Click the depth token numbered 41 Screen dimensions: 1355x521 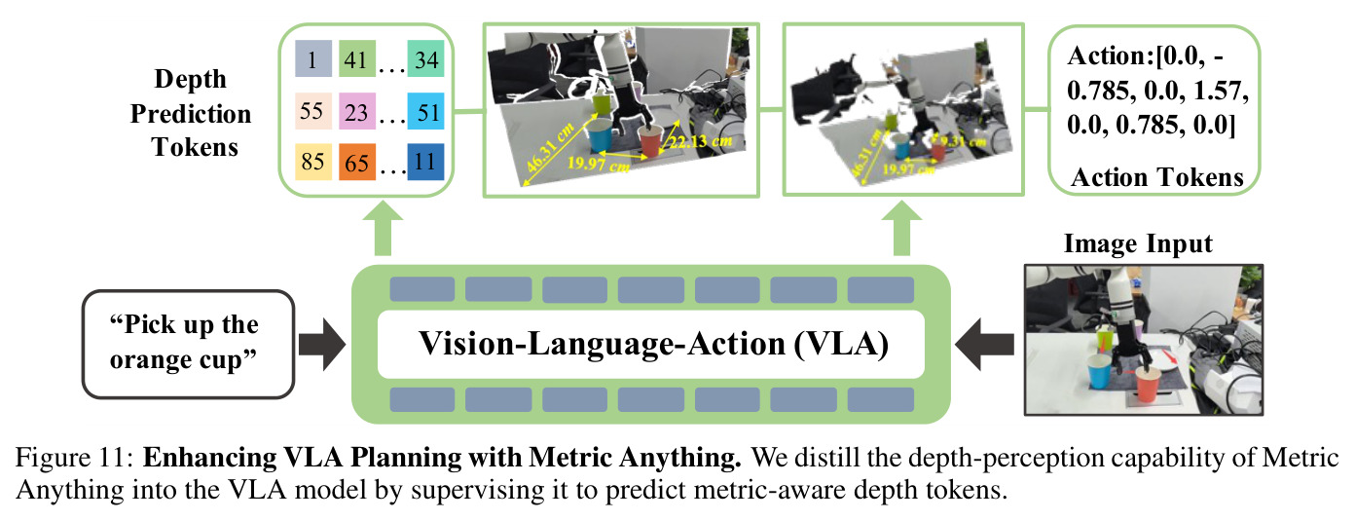click(x=357, y=58)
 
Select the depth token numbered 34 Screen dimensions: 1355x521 click(x=425, y=58)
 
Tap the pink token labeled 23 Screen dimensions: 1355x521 click(x=357, y=111)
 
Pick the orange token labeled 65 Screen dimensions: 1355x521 click(x=357, y=163)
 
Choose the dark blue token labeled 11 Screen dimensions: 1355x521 click(x=425, y=163)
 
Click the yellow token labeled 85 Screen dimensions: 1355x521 click(x=313, y=163)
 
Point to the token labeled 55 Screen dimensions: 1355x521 click(x=313, y=111)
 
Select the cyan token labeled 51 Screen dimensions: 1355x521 click(x=425, y=111)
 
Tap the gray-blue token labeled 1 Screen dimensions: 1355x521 click(x=313, y=58)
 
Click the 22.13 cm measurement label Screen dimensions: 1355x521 click(x=700, y=142)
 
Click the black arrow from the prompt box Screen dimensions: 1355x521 click(x=322, y=345)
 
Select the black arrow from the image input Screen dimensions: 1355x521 click(x=984, y=345)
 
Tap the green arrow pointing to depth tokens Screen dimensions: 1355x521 click(x=383, y=228)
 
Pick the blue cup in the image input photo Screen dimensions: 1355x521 click(x=1099, y=371)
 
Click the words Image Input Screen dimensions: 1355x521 click(x=1138, y=243)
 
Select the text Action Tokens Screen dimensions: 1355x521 click(x=1156, y=177)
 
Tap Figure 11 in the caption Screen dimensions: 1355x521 click(x=74, y=457)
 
